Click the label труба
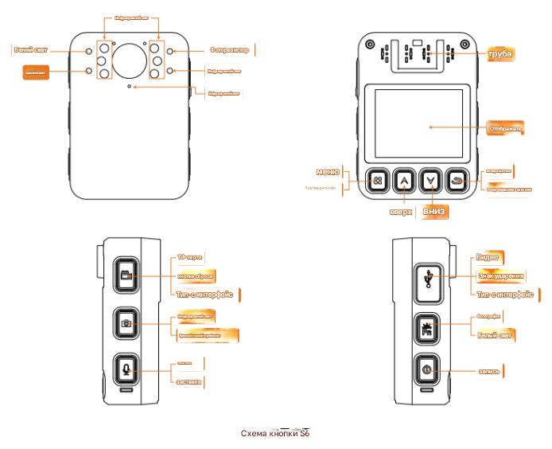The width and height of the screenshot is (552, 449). [500, 54]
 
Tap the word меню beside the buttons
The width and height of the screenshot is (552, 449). [328, 172]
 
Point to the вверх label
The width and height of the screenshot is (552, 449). [399, 213]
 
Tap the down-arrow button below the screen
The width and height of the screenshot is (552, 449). [430, 181]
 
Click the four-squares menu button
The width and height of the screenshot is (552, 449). [379, 181]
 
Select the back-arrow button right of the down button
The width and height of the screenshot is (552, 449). [457, 181]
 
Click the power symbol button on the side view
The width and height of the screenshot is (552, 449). [427, 369]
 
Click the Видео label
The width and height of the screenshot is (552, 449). [487, 257]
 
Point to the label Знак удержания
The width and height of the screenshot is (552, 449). [501, 276]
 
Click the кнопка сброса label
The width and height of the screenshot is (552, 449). [196, 275]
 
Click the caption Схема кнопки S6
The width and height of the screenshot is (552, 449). [274, 434]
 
